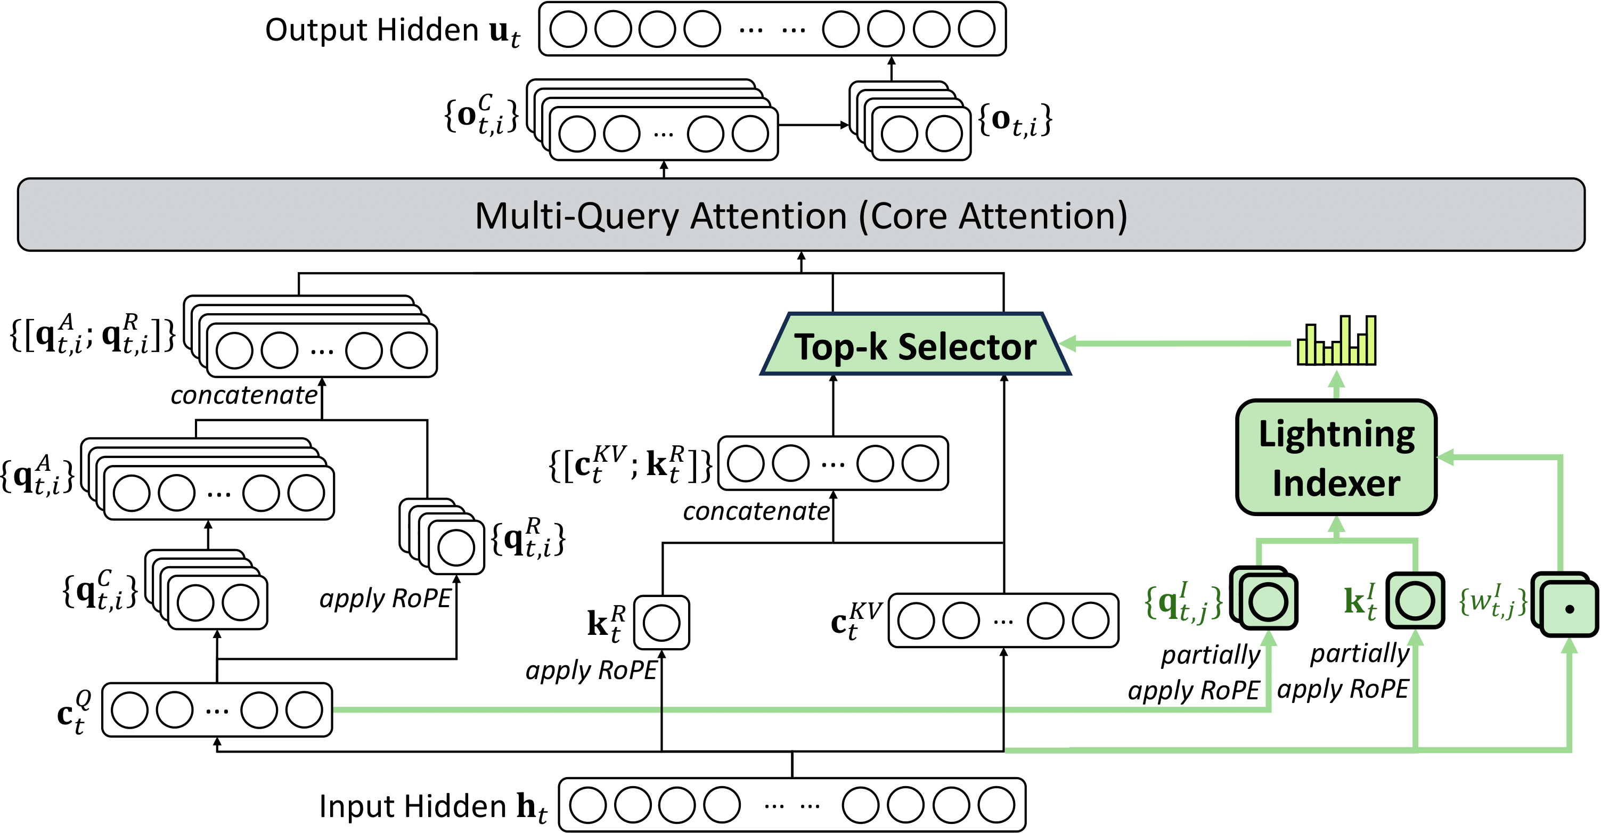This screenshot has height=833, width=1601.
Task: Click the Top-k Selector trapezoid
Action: [x=915, y=345]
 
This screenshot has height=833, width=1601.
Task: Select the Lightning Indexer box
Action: [x=1336, y=458]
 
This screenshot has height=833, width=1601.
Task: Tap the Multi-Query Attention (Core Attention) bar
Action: [x=800, y=215]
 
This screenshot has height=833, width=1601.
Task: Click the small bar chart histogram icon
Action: [x=1336, y=341]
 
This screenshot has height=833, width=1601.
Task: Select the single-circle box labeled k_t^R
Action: [x=661, y=623]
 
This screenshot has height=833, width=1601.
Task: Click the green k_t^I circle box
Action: [x=1415, y=600]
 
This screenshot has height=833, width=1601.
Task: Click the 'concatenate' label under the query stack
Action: [x=243, y=395]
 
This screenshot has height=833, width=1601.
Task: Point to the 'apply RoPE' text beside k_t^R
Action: [x=591, y=671]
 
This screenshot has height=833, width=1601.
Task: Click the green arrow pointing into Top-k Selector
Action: [x=1174, y=343]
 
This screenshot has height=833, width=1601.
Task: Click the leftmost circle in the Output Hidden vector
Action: [x=568, y=29]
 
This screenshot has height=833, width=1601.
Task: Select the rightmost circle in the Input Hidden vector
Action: [x=996, y=805]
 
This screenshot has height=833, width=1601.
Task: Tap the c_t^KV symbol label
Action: [x=856, y=621]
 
